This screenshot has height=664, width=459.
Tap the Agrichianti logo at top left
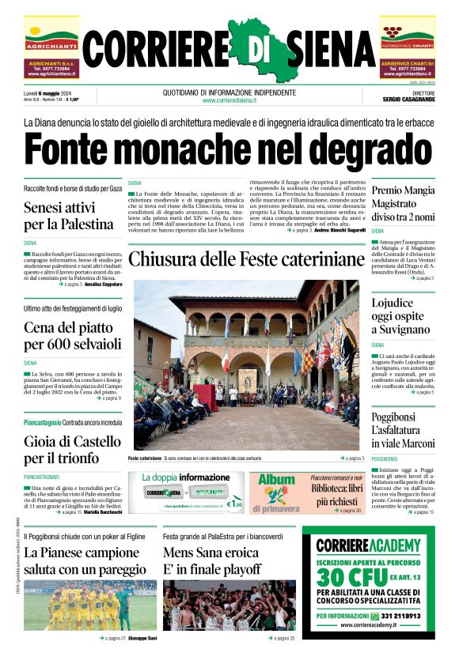51,36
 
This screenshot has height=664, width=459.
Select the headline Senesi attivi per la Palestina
69,216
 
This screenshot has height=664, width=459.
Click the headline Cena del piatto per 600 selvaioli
72,336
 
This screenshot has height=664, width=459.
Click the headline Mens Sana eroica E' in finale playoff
211,560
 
